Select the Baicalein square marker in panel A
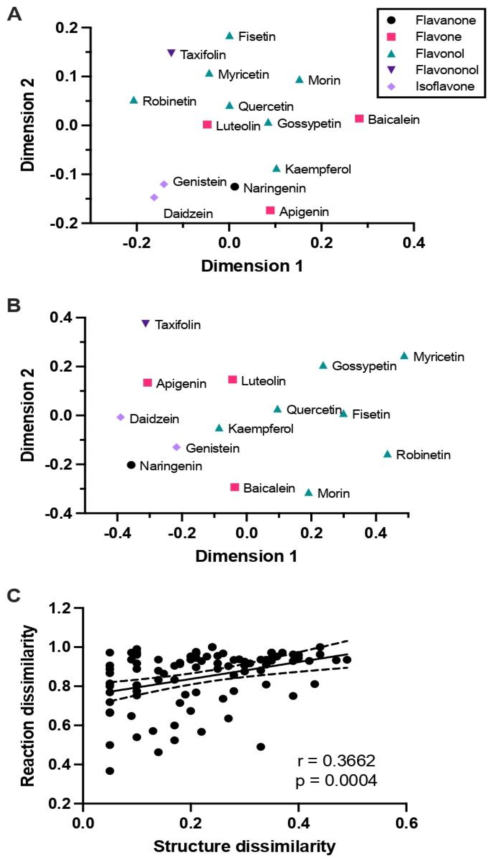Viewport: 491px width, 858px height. click(x=359, y=118)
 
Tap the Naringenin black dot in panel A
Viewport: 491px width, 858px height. click(x=235, y=186)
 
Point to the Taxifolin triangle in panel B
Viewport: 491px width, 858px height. click(x=145, y=323)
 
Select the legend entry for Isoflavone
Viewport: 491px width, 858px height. click(x=444, y=86)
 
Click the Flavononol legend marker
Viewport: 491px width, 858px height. click(x=391, y=70)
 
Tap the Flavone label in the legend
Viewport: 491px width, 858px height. click(x=438, y=37)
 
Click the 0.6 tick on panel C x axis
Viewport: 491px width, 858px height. click(x=406, y=823)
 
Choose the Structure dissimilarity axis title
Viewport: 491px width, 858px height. click(x=244, y=846)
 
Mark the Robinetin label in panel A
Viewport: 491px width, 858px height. click(x=169, y=101)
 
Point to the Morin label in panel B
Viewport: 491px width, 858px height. click(x=333, y=494)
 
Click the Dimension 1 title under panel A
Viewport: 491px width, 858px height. click(x=252, y=266)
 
